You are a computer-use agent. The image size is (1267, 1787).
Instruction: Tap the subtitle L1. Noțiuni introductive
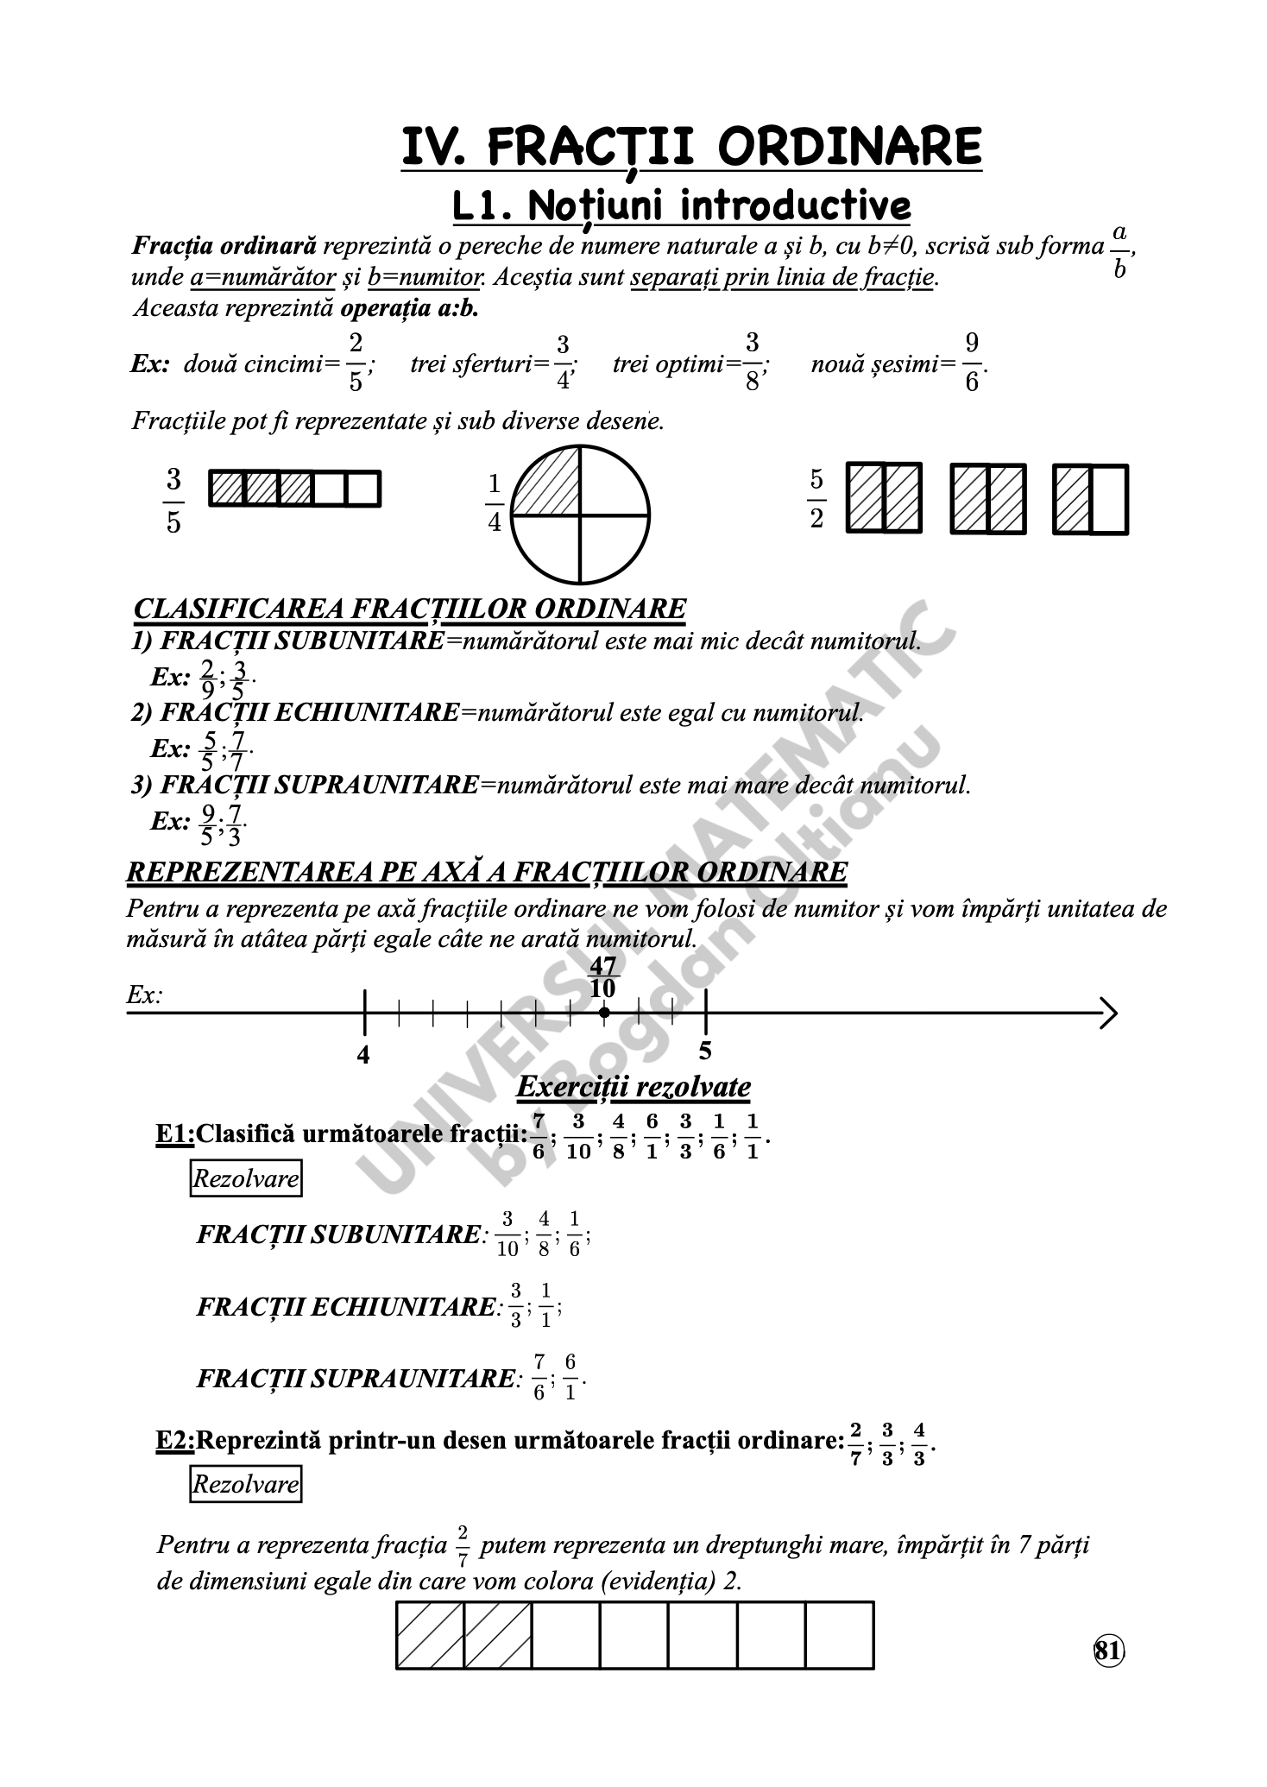(682, 206)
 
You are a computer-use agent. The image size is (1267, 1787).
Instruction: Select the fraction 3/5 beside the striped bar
(173, 501)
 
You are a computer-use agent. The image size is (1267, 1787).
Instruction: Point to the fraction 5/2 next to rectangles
(816, 499)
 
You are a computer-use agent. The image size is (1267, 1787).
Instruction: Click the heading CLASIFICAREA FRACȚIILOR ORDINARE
(410, 609)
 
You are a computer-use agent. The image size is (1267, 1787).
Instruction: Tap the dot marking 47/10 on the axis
(604, 1013)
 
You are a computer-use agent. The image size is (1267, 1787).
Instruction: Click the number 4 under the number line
(363, 1055)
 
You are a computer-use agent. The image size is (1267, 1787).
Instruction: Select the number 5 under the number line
(705, 1051)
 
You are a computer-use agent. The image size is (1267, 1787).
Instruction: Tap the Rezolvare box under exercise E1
(246, 1178)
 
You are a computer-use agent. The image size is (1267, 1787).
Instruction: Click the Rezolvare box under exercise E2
(246, 1484)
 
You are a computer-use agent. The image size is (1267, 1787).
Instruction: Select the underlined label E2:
(175, 1439)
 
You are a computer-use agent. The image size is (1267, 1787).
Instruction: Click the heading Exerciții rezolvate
(633, 1086)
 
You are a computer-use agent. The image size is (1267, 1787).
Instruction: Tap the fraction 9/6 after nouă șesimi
(972, 363)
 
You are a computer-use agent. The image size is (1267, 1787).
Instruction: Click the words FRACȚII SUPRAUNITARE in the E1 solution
(356, 1379)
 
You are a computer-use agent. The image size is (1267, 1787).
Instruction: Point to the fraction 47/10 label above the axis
(602, 976)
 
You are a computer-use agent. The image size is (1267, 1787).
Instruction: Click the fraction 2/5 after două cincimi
(356, 363)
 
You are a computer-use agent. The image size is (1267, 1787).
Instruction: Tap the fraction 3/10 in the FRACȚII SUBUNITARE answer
(507, 1234)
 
